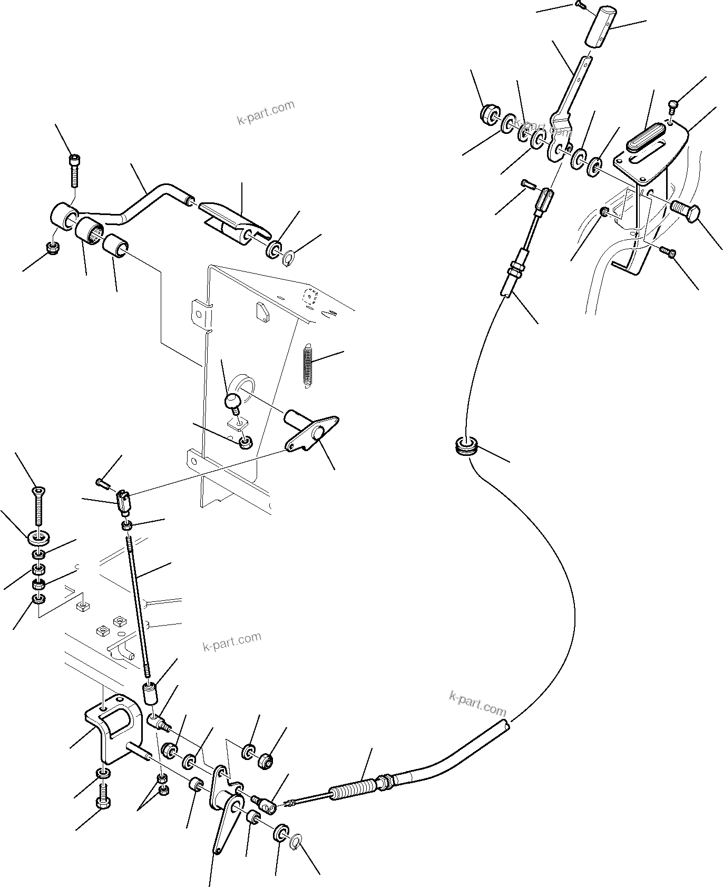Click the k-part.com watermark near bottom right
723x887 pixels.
click(477, 704)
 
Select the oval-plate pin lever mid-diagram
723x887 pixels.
click(311, 432)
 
